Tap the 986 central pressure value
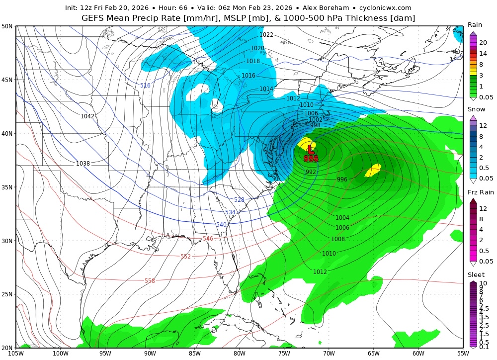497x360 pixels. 311,159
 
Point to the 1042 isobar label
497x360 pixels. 87,116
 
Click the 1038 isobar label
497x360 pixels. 83,164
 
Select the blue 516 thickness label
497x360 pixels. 145,86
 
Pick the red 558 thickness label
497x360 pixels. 150,281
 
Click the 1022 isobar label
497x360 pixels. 266,35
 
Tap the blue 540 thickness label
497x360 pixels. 222,225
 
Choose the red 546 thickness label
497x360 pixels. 208,239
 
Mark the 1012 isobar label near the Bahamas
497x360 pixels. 320,272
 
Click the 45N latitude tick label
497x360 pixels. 7,80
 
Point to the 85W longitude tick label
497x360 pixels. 194,354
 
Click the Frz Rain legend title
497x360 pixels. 480,192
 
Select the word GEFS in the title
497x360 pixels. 94,18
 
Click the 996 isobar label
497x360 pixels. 342,180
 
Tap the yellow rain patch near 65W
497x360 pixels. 373,170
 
